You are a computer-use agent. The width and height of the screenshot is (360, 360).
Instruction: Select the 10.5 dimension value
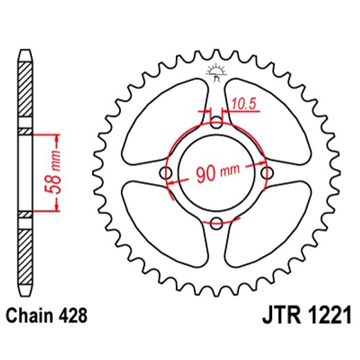point(244,104)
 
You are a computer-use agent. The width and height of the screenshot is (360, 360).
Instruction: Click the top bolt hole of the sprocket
point(217,125)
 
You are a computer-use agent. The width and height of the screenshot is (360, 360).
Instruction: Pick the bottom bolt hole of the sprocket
point(217,222)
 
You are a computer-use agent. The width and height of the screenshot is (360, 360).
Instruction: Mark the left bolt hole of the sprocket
point(168,173)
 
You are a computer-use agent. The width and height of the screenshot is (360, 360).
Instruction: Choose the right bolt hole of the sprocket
point(266,173)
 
